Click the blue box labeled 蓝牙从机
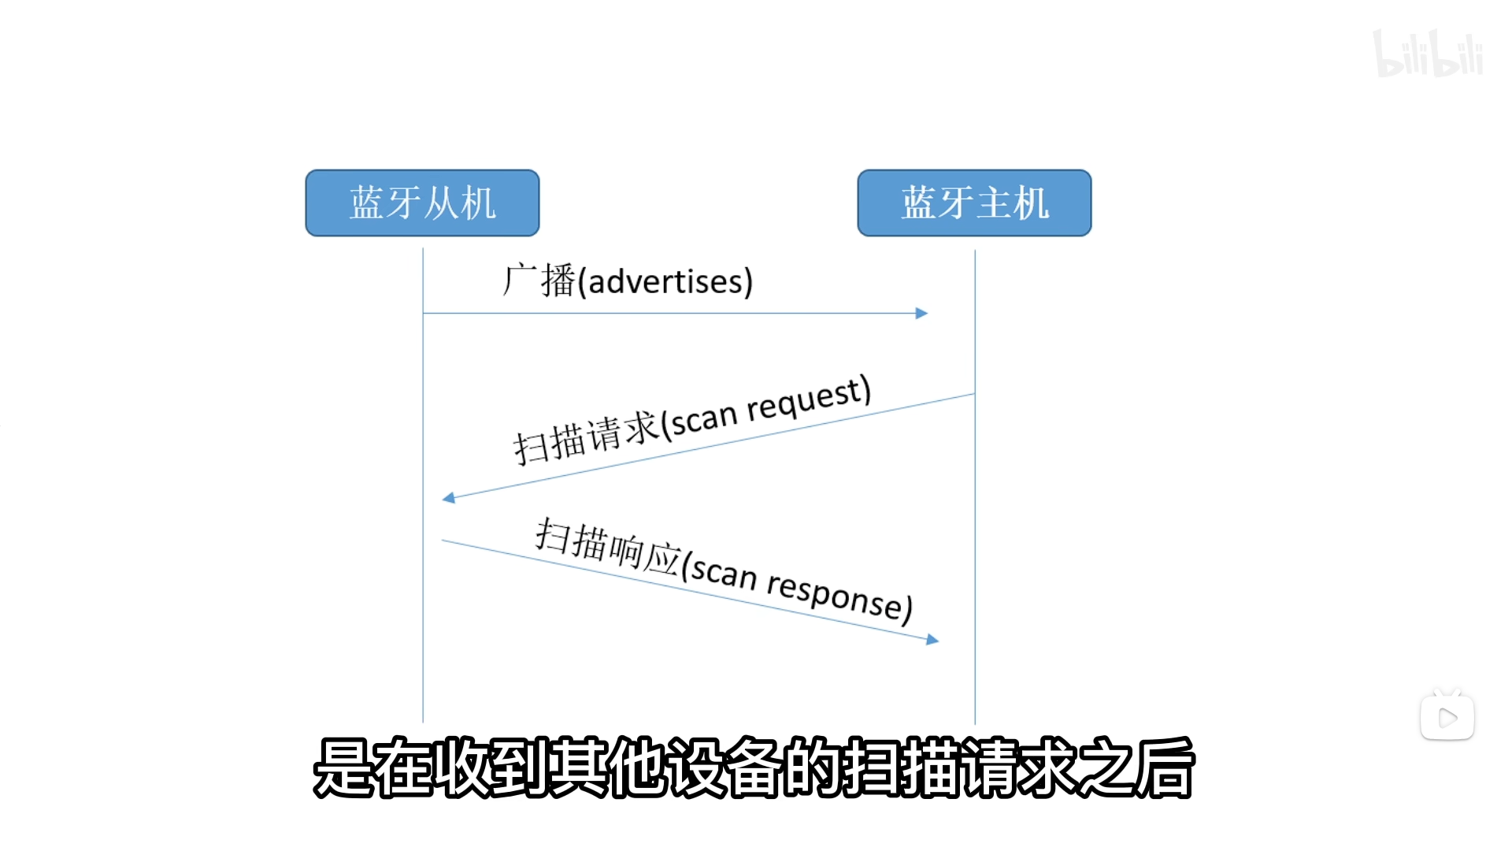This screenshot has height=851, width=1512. coord(422,203)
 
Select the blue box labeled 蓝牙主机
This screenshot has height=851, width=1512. coord(974,203)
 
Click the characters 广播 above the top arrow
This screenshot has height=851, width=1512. coord(540,281)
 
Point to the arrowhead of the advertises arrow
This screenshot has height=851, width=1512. coord(922,314)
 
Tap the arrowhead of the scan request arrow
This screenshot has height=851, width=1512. coord(449,498)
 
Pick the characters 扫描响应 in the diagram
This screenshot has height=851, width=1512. coord(607,546)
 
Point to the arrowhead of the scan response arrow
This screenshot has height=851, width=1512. coord(932,640)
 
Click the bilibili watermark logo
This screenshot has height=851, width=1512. coord(1427,54)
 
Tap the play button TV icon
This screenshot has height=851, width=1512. coord(1447,716)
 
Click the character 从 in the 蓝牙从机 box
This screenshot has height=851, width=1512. coord(441,203)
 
